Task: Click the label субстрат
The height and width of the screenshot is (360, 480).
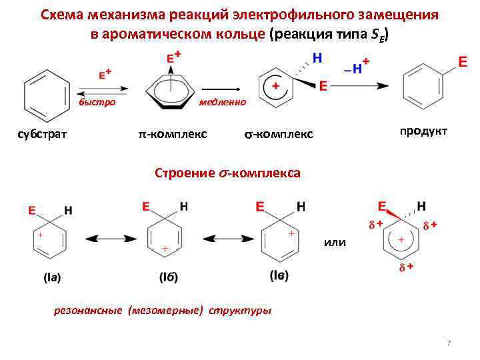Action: (42, 135)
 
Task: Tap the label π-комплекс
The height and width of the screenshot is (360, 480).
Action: (173, 135)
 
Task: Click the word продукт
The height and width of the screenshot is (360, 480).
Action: (423, 131)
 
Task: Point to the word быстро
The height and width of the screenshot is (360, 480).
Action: (97, 102)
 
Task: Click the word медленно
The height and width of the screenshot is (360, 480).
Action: (223, 102)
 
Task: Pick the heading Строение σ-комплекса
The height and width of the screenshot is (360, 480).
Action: (227, 173)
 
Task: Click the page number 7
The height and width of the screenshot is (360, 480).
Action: (449, 343)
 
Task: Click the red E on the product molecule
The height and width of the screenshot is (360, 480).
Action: (461, 62)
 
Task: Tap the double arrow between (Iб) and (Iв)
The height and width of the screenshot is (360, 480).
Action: (221, 238)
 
